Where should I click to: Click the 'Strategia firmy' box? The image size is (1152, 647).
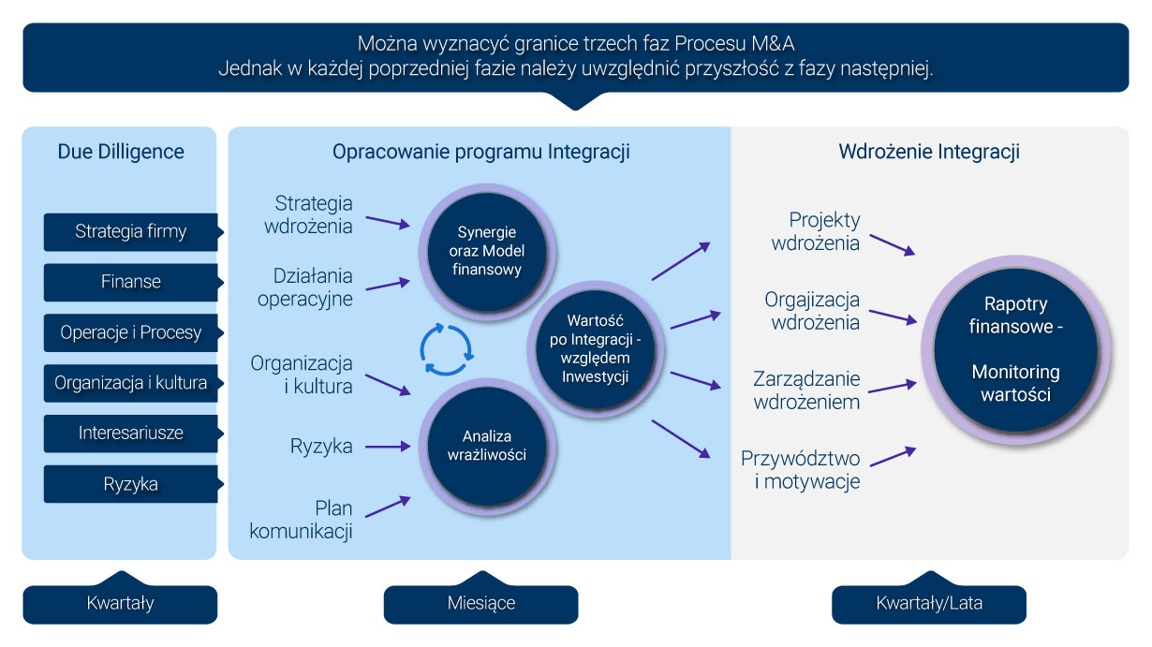click(131, 231)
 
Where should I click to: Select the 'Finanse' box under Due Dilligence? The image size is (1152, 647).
click(131, 282)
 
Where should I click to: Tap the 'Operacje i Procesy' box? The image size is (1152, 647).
click(131, 332)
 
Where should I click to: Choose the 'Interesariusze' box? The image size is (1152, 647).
click(131, 434)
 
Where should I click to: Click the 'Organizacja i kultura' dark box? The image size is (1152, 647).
click(131, 383)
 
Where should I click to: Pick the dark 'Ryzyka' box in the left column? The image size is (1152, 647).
click(131, 484)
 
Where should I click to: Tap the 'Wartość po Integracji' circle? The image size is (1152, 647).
click(596, 346)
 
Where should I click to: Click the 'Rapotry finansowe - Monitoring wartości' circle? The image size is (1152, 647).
click(1009, 348)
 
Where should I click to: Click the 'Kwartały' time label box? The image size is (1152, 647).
click(120, 603)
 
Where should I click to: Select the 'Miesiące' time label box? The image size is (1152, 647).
click(480, 603)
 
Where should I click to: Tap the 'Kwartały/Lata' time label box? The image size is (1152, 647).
click(929, 603)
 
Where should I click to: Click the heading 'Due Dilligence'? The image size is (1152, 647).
click(121, 152)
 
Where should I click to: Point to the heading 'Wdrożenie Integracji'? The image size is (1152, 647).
click(929, 152)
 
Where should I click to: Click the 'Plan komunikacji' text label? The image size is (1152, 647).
click(302, 521)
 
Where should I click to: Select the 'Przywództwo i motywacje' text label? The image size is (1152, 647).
click(800, 470)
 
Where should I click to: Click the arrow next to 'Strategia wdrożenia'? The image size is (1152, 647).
click(388, 222)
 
